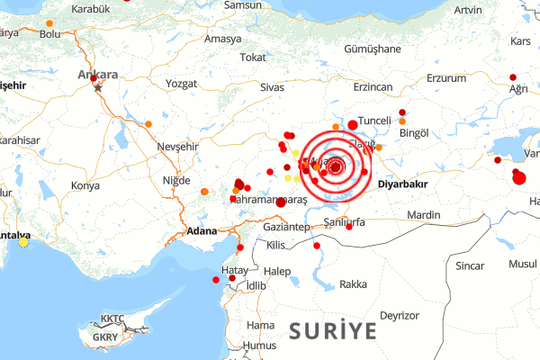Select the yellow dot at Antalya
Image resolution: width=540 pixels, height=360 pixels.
(x=23, y=241)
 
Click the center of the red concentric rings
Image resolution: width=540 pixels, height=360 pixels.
(x=337, y=166)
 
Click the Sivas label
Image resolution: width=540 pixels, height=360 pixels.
(x=272, y=87)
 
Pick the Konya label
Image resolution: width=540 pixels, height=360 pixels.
(x=85, y=185)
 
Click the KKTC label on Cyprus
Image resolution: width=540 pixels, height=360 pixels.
(x=113, y=319)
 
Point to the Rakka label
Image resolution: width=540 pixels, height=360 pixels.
(x=353, y=284)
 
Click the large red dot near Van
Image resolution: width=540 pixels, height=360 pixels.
(x=518, y=178)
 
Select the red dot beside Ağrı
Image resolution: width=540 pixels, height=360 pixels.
(x=513, y=77)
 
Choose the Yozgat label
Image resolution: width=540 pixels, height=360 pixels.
(x=182, y=84)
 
